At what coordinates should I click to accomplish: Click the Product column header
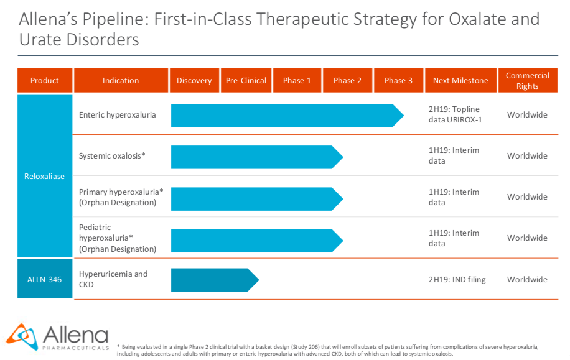[x=45, y=80]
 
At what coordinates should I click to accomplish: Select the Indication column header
[x=121, y=80]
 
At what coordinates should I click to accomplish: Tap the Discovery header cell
[x=194, y=80]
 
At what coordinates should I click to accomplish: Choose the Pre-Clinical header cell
[x=246, y=80]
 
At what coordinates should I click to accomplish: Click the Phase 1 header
[x=297, y=80]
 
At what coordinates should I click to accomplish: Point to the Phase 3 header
[x=398, y=80]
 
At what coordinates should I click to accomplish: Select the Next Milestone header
[x=460, y=80]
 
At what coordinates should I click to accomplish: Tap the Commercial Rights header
[x=528, y=80]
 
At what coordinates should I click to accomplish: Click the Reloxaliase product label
[x=44, y=176]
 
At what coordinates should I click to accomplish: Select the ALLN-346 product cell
[x=45, y=279]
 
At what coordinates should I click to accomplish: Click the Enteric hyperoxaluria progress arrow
[x=287, y=116]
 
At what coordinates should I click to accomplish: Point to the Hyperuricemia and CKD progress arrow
[x=215, y=280]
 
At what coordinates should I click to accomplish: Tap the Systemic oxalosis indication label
[x=112, y=156]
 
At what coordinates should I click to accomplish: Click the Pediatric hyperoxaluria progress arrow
[x=257, y=241]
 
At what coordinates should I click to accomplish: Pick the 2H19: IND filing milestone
[x=457, y=279]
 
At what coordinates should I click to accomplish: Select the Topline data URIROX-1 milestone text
[x=455, y=114]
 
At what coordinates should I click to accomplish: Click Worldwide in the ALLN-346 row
[x=527, y=279]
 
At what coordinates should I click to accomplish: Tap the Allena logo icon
[x=22, y=336]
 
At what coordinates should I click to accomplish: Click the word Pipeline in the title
[x=115, y=19]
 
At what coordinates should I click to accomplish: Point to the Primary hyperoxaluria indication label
[x=121, y=197]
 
